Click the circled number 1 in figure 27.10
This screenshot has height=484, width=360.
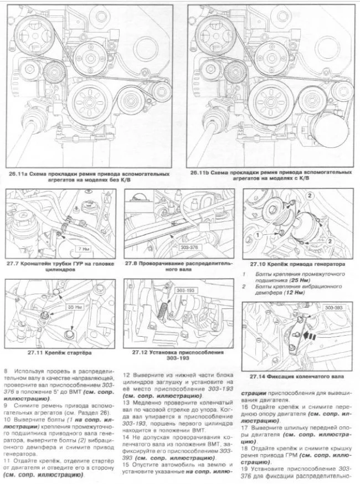tap(259, 235)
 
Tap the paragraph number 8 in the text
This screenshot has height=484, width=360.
tap(6, 369)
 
